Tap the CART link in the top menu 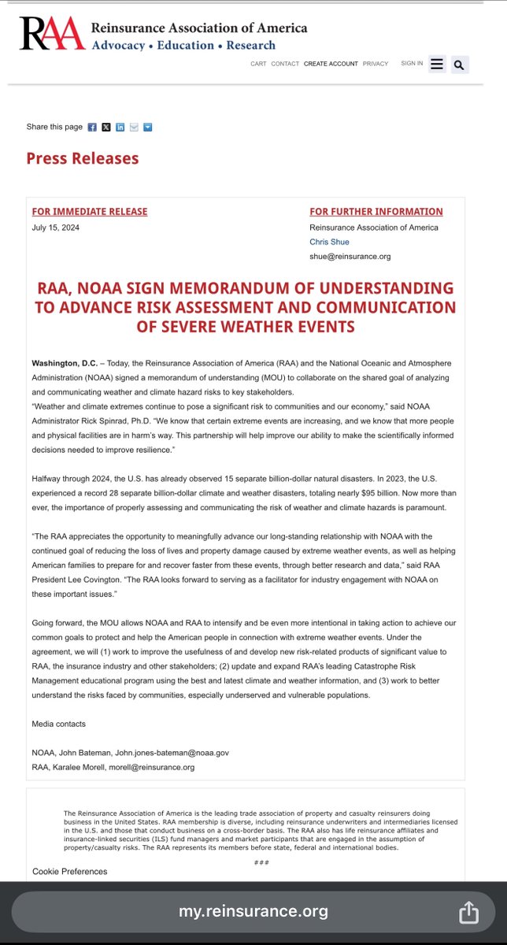point(258,64)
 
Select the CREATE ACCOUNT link point(331,64)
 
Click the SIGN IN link point(412,63)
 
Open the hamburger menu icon point(438,64)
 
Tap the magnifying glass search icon point(460,64)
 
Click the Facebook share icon point(92,127)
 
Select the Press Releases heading point(83,158)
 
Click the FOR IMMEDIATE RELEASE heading point(90,211)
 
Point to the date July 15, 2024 point(56,228)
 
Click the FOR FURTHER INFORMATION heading point(376,211)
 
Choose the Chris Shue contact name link point(329,242)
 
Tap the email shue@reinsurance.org point(350,256)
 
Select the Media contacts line point(59,723)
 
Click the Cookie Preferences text point(70,871)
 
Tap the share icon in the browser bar point(468,912)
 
